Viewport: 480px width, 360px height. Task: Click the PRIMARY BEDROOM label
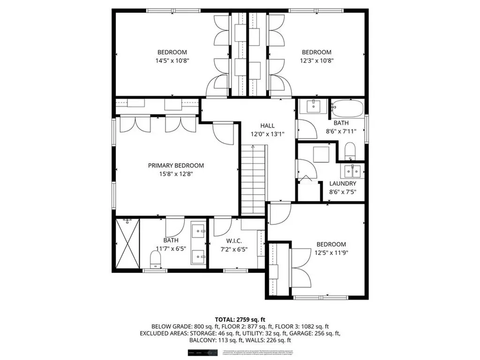tap(176, 165)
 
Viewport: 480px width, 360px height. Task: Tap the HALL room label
tap(268, 126)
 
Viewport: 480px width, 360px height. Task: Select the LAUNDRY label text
tap(343, 184)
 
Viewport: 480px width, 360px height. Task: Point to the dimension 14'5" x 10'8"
tap(172, 60)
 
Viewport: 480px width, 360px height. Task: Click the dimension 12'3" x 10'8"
tap(316, 60)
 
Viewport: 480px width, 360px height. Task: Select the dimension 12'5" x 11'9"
tap(331, 253)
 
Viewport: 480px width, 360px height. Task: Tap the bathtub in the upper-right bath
tap(347, 108)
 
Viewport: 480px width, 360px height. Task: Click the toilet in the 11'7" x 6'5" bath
tap(155, 259)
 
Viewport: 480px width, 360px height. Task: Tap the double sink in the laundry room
tap(351, 169)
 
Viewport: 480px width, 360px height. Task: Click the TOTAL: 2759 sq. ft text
tap(240, 318)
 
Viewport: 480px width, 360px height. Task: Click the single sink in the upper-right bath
tap(314, 106)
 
